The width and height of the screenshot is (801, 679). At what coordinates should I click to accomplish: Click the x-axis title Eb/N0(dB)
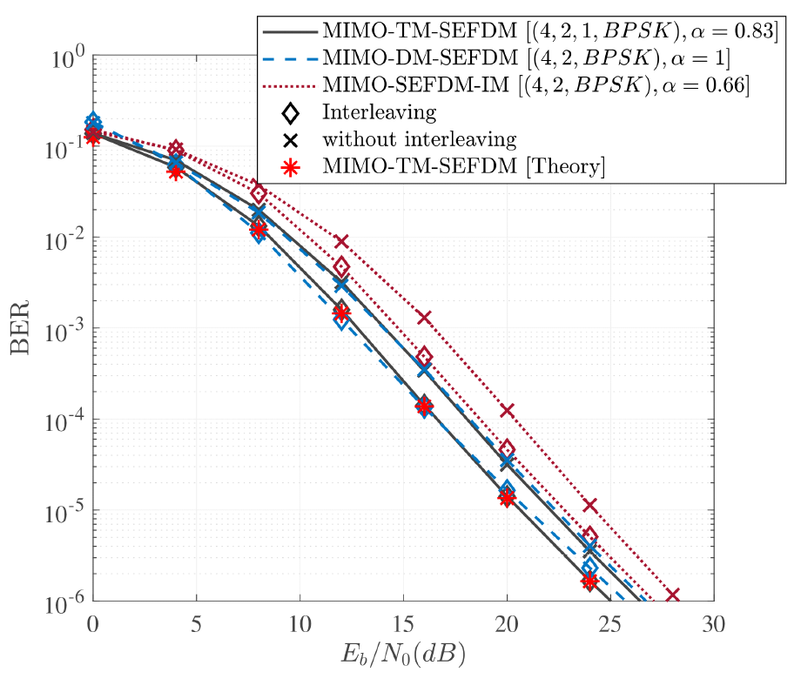click(402, 651)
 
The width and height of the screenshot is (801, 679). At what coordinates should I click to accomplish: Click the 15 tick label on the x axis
click(403, 623)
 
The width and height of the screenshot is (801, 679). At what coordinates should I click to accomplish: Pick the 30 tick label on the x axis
click(713, 623)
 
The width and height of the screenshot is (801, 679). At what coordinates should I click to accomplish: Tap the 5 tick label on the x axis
click(196, 623)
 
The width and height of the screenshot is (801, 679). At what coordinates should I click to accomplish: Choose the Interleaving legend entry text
click(379, 112)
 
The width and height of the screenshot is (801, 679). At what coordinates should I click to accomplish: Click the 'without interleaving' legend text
click(420, 139)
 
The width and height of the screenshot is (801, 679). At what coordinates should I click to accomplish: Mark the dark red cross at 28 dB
click(672, 596)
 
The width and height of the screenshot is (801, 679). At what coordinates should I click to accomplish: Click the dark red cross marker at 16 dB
click(424, 318)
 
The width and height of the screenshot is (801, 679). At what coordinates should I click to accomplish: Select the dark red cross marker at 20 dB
click(507, 410)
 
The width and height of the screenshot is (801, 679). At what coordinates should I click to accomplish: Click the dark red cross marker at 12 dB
click(341, 241)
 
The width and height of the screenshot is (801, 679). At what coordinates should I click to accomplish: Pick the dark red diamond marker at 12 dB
click(341, 266)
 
